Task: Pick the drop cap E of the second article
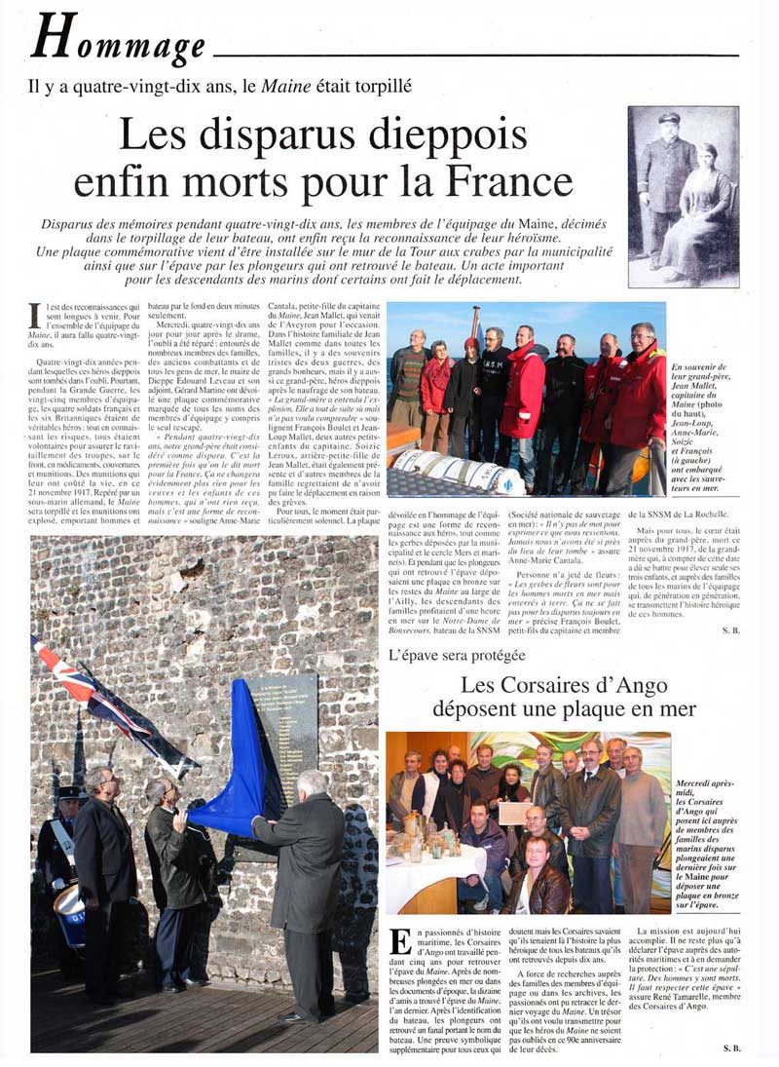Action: tap(399, 942)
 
